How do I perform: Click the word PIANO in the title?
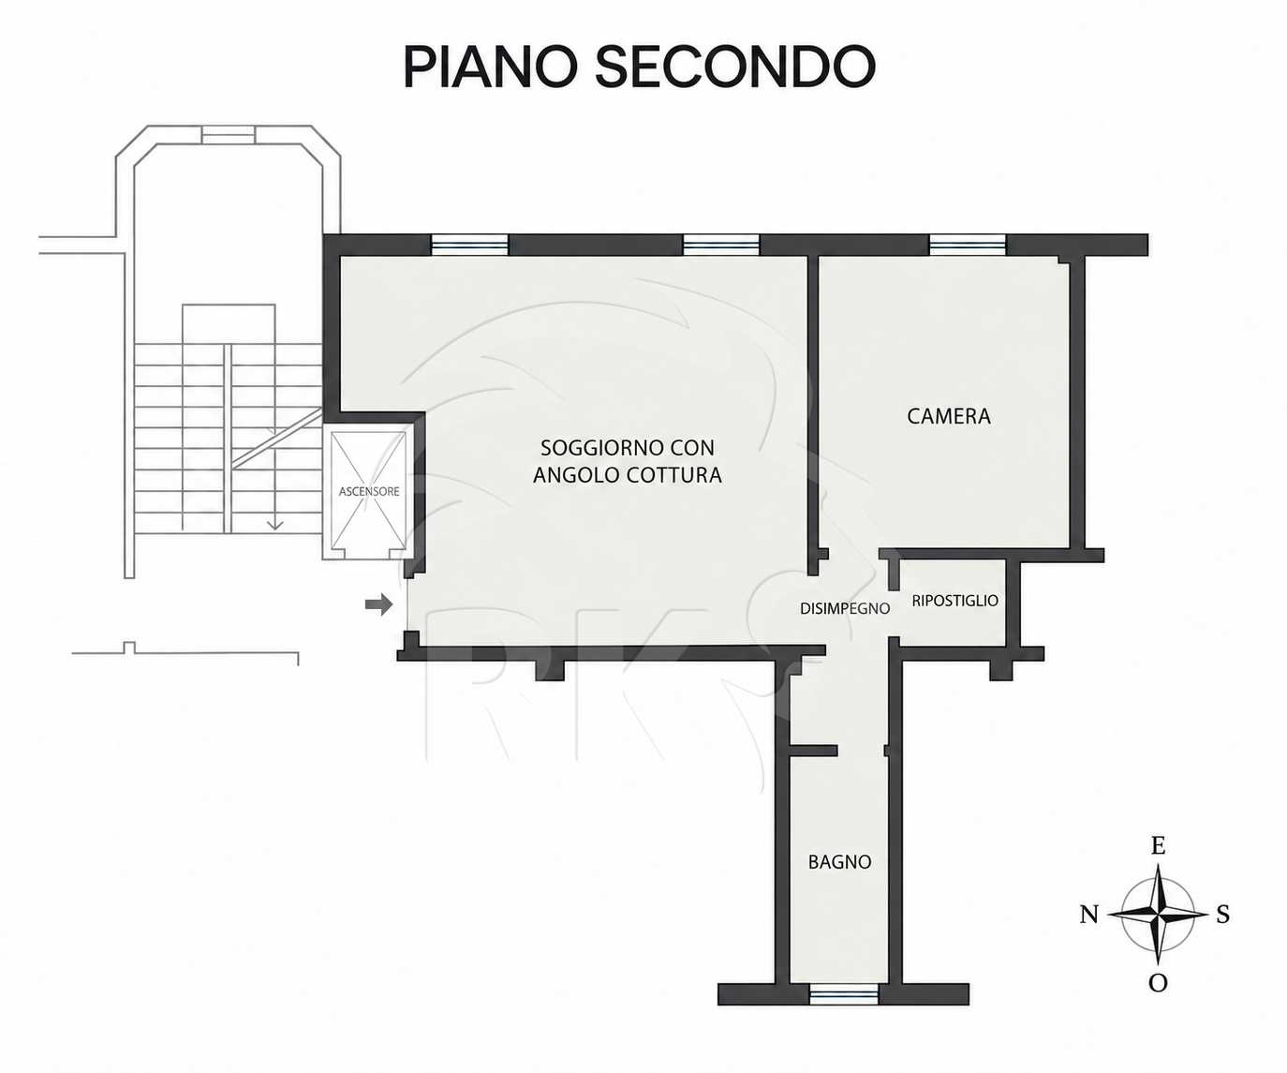(x=492, y=67)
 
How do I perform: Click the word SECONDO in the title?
(x=735, y=67)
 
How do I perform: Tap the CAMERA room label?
(x=949, y=416)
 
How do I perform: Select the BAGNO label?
(x=839, y=861)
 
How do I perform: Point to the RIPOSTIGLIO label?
(x=954, y=600)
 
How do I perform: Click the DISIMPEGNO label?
(x=845, y=608)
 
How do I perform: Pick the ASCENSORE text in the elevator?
(x=369, y=491)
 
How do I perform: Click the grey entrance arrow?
(x=378, y=604)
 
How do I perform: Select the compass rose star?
(x=1158, y=914)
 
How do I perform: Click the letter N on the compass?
(x=1089, y=916)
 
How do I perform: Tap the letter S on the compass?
(x=1223, y=914)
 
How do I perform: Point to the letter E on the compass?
(x=1158, y=846)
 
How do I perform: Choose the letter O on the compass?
(x=1158, y=983)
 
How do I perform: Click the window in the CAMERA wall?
(x=968, y=245)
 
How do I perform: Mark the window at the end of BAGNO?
(x=843, y=994)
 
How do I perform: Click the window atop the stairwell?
(x=229, y=134)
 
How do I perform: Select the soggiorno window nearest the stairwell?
(x=469, y=245)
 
